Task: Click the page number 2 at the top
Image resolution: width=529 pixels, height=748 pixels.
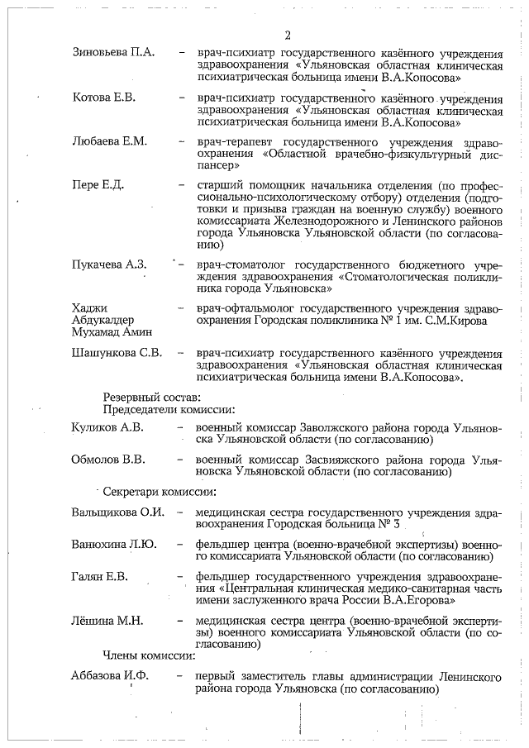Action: pos(288,35)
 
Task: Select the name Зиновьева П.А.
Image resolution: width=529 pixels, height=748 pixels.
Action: pos(112,53)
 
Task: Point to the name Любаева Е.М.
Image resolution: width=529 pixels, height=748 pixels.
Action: pos(109,141)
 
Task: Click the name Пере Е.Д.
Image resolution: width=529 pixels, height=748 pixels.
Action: pos(98,184)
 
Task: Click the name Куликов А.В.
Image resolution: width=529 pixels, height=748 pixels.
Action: pos(107,427)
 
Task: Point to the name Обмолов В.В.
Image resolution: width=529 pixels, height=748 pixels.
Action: pos(108,460)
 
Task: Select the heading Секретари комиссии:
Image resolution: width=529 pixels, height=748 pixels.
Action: pos(159,491)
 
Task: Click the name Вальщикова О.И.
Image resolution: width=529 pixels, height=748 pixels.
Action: pos(118,512)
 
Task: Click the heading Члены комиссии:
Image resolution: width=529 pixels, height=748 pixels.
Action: pos(148,656)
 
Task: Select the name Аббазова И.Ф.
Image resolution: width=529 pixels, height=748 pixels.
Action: pos(109,677)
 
